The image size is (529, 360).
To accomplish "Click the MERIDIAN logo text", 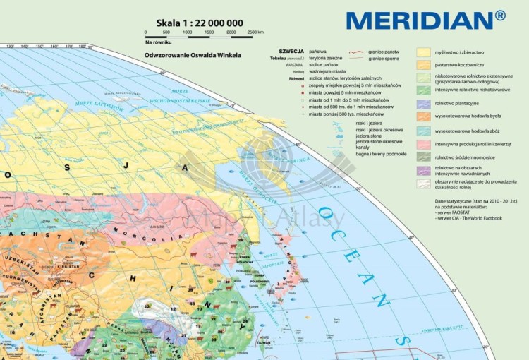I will click(x=425, y=19).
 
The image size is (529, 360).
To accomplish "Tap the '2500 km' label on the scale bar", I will click(x=255, y=32).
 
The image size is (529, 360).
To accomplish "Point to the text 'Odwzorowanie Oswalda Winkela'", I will click(x=193, y=54).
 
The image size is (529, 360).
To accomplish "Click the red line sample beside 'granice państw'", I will click(x=355, y=52).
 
